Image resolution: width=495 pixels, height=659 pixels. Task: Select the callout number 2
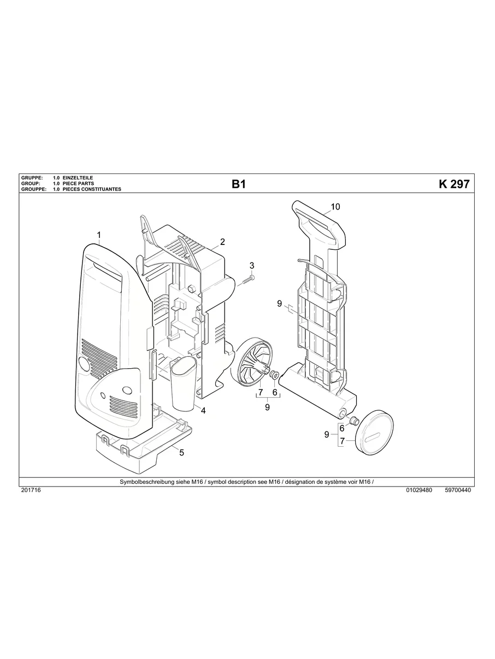(x=222, y=242)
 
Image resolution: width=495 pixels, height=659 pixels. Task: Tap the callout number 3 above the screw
(x=252, y=266)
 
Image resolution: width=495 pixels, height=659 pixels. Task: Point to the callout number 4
(x=203, y=411)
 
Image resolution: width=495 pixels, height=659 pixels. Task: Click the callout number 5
(x=181, y=452)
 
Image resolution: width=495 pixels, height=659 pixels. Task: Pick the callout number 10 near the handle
(x=335, y=207)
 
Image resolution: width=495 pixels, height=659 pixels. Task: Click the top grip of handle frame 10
(x=319, y=218)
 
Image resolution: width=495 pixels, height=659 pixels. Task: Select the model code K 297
(x=453, y=184)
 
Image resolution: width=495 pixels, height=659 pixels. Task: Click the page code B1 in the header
(x=239, y=184)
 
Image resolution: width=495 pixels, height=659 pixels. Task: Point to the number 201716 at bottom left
(x=31, y=490)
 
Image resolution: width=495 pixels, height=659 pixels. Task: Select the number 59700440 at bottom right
(x=458, y=490)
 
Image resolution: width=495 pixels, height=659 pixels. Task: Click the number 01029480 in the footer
(x=419, y=490)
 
